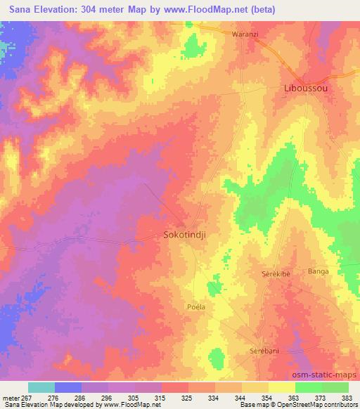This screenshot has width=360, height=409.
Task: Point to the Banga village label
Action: tap(319, 271)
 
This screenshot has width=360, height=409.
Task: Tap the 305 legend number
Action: tap(135, 398)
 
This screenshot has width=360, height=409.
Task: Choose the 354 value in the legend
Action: tap(268, 398)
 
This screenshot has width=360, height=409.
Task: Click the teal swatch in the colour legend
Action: tap(41, 387)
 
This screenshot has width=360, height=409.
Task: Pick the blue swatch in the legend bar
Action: tap(68, 387)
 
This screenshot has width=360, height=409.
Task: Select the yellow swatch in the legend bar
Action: tap(281, 387)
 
